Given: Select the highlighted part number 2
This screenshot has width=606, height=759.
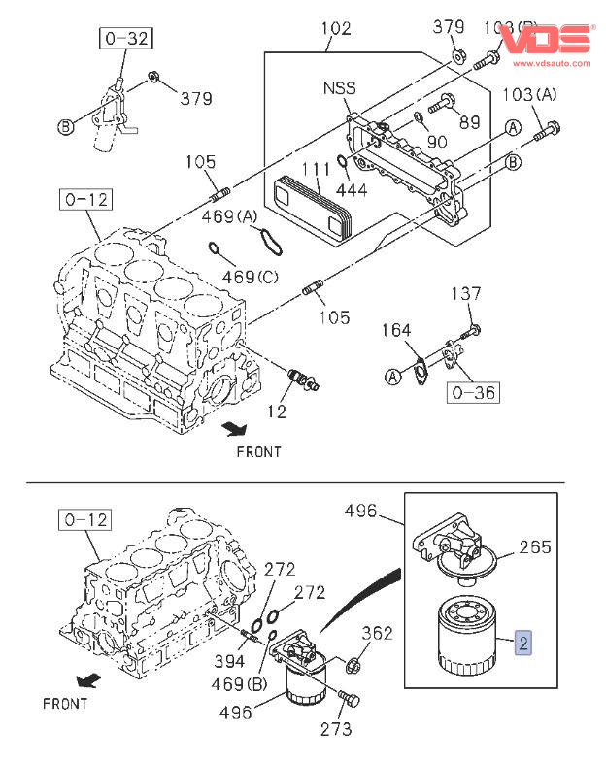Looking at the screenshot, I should pyautogui.click(x=523, y=642).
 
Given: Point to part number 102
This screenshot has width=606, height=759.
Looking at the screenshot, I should pyautogui.click(x=335, y=28).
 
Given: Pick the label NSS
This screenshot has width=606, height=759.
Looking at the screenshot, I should pyautogui.click(x=339, y=88).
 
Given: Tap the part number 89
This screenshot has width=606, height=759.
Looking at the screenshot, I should pyautogui.click(x=469, y=121).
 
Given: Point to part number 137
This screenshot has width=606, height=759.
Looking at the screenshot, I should pyautogui.click(x=465, y=294).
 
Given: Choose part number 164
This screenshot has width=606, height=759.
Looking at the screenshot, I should pyautogui.click(x=395, y=331).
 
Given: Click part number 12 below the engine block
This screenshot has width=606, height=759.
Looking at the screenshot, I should pyautogui.click(x=279, y=412).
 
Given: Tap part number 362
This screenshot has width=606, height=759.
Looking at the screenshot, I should pyautogui.click(x=378, y=634).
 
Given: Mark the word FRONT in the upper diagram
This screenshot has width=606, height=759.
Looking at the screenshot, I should pyautogui.click(x=258, y=451).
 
